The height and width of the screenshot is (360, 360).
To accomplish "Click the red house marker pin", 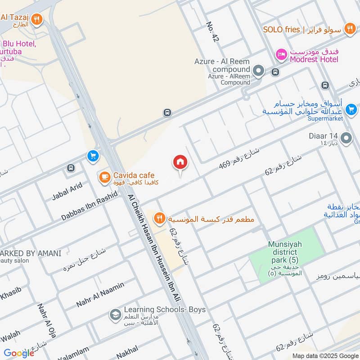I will pos(180,162).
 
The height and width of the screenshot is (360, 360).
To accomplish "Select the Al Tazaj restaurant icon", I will pos(37,19).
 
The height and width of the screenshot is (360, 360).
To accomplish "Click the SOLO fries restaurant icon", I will pos(349,29).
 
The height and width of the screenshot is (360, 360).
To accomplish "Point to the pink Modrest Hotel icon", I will pos(281,54).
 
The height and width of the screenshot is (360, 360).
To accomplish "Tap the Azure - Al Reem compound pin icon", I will pos(258,70).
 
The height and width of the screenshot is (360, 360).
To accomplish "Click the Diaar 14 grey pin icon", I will pos(346,138).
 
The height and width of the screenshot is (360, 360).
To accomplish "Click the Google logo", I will pos(19,353).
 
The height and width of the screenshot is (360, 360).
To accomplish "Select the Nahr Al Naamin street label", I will pos(100,294).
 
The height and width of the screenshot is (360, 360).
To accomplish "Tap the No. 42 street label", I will pos(212,32).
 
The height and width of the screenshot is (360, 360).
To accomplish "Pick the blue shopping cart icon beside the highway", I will pos(93,156).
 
